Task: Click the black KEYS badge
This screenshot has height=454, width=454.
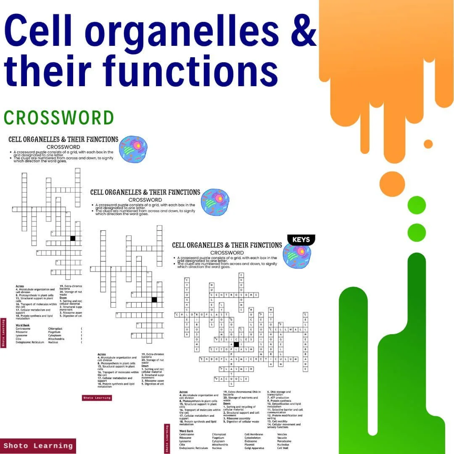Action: click(x=301, y=240)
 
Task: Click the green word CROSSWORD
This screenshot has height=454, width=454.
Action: click(x=59, y=118)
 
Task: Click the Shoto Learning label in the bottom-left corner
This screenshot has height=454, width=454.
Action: click(x=38, y=446)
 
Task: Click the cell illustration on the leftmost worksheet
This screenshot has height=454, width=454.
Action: click(x=133, y=149)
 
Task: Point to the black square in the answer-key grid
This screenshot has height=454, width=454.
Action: click(x=236, y=344)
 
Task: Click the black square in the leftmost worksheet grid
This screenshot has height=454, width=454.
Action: click(x=73, y=238)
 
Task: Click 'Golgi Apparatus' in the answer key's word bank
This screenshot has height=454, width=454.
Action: click(x=255, y=448)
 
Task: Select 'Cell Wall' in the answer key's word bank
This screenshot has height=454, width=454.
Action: click(x=282, y=448)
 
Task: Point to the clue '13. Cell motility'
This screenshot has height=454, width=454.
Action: click(x=277, y=421)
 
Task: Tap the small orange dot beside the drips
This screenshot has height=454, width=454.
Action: click(x=428, y=144)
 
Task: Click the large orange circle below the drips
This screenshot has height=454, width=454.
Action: click(x=392, y=184)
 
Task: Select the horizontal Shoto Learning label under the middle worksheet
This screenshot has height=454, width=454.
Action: click(x=97, y=398)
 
